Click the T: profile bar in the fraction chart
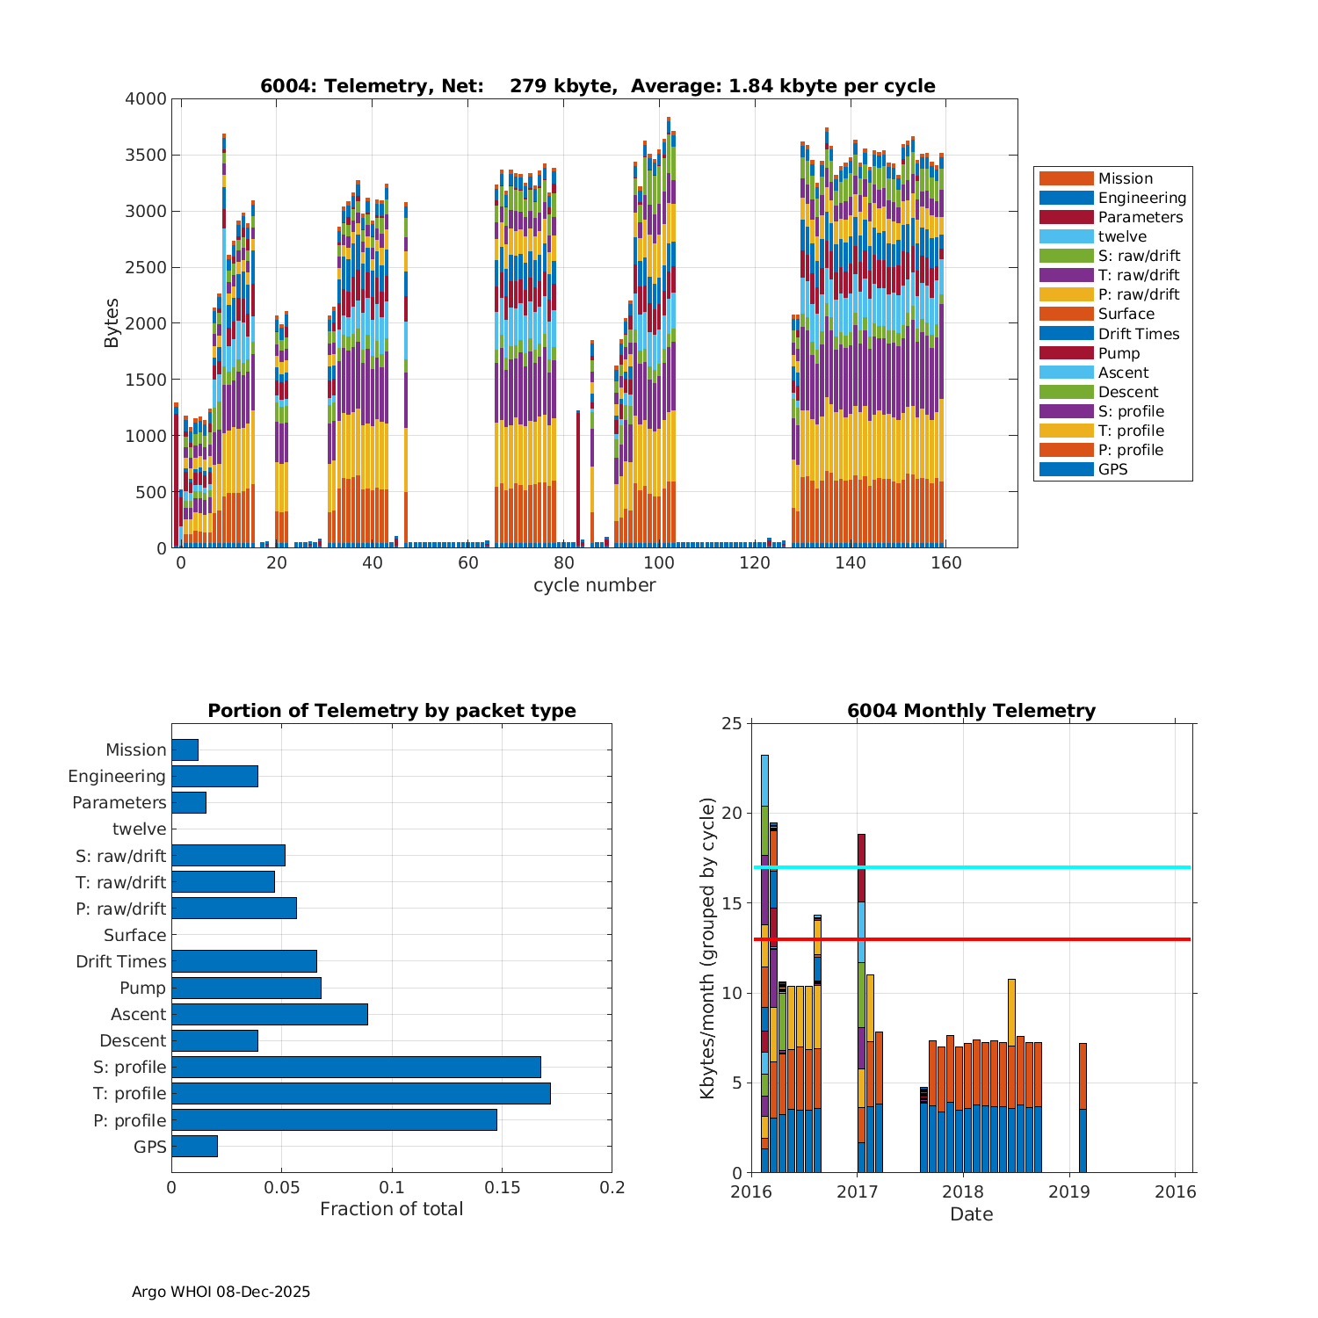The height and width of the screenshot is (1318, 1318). pyautogui.click(x=360, y=1093)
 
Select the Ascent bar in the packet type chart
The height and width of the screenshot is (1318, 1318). pyautogui.click(x=269, y=1014)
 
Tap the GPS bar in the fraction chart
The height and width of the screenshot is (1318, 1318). pyautogui.click(x=194, y=1146)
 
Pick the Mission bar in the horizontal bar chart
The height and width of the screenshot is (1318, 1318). pyautogui.click(x=185, y=750)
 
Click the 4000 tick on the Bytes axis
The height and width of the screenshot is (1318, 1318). pyautogui.click(x=146, y=99)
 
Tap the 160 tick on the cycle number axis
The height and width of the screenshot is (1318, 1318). pyautogui.click(x=946, y=563)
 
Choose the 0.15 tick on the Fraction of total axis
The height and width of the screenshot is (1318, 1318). pyautogui.click(x=502, y=1188)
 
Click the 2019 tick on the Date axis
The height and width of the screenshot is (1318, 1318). pyautogui.click(x=1069, y=1191)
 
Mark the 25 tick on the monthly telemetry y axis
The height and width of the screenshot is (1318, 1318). pyautogui.click(x=733, y=723)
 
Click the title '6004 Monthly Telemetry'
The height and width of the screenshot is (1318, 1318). pyautogui.click(x=971, y=711)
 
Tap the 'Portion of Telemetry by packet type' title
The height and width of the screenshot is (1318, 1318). pyautogui.click(x=392, y=711)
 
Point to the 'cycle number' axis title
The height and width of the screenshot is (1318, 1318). pyautogui.click(x=594, y=585)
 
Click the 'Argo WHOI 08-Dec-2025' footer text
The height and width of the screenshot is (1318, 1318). pyautogui.click(x=221, y=1292)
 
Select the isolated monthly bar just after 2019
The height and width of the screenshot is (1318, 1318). pyautogui.click(x=1083, y=1107)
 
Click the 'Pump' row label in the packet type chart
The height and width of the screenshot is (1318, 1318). pyautogui.click(x=142, y=988)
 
